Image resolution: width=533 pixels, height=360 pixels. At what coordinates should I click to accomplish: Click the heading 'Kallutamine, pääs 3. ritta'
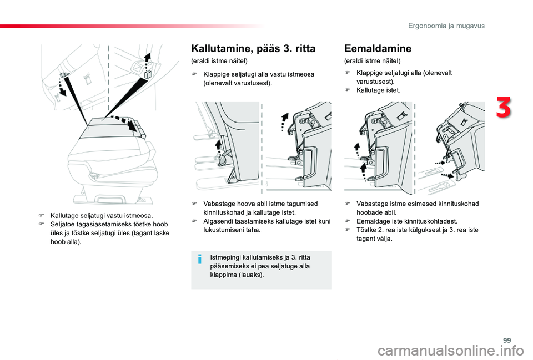pos(253,49)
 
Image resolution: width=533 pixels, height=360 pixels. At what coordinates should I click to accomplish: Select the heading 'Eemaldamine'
pos(378,49)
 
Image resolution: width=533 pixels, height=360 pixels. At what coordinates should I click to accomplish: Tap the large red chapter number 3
pos(503,108)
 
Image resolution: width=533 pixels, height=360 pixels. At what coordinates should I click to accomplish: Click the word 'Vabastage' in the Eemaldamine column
pos(371,204)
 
